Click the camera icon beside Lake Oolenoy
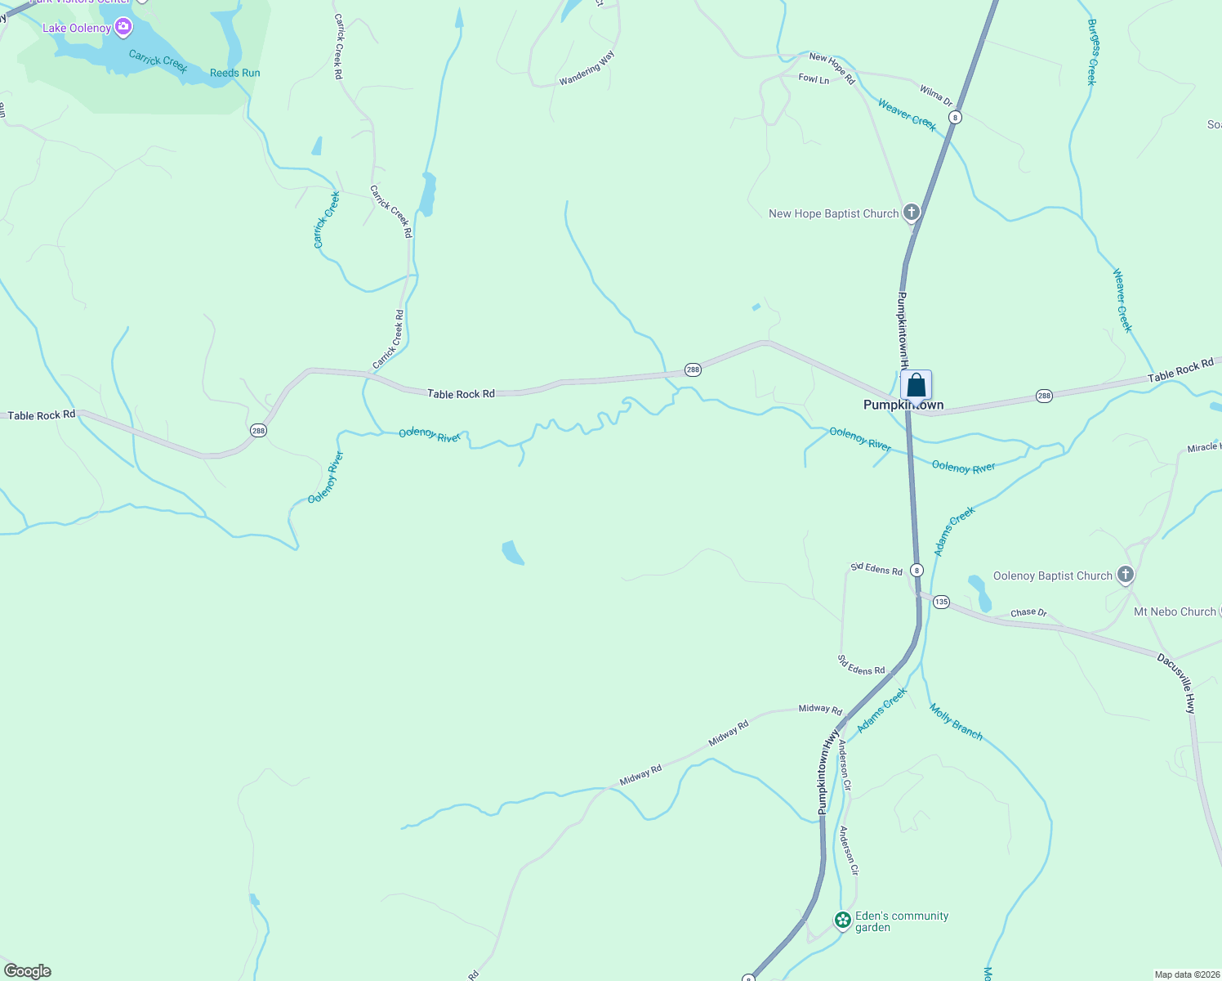point(123,29)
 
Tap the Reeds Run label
point(235,73)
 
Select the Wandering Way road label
point(586,69)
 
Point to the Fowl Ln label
point(814,79)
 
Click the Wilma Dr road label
point(936,96)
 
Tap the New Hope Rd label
point(832,68)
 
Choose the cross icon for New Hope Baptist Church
point(912,213)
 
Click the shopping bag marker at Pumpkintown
point(916,385)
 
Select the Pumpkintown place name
point(903,405)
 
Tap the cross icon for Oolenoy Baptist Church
point(1126,575)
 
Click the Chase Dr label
point(1028,612)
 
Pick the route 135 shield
point(941,602)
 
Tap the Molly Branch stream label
point(956,721)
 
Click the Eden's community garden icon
point(843,921)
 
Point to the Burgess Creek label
point(1092,52)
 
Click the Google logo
point(28,971)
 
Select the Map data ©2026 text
point(1186,974)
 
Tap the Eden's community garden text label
point(901,921)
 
